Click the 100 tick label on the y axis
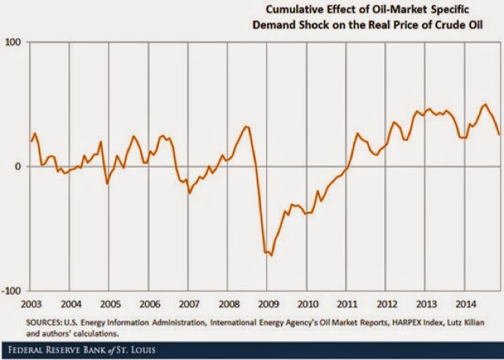[13, 42]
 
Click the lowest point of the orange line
[271, 255]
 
